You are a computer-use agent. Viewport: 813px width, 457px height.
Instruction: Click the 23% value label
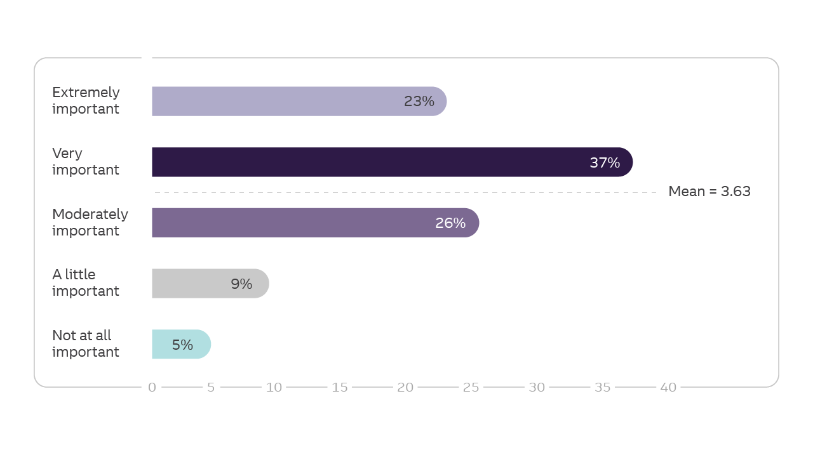[419, 102]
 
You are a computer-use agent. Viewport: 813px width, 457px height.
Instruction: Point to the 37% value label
[605, 162]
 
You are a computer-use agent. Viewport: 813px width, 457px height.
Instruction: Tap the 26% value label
[450, 223]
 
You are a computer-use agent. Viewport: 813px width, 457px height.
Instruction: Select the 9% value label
[241, 284]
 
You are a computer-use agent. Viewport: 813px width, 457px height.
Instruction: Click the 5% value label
[182, 345]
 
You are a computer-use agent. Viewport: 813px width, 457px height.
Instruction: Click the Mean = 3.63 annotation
[709, 192]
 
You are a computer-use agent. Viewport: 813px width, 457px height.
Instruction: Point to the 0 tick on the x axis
[152, 387]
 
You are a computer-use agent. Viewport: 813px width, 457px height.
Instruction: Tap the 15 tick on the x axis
[340, 387]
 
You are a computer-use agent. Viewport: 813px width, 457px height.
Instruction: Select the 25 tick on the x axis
[471, 387]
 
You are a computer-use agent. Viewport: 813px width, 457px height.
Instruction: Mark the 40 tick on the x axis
[668, 387]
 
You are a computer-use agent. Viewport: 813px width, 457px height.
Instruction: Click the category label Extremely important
[86, 100]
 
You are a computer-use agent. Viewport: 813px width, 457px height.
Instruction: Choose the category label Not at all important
[86, 343]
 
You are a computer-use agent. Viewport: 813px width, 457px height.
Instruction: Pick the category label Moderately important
[90, 222]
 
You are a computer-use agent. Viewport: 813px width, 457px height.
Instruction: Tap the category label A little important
[86, 282]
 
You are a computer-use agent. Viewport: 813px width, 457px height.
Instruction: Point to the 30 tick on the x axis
[537, 387]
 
